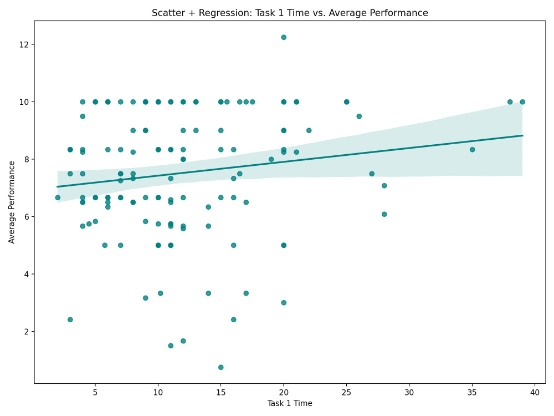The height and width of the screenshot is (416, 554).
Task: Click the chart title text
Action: pyautogui.click(x=290, y=13)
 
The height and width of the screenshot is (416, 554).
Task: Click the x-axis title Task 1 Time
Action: pyautogui.click(x=290, y=403)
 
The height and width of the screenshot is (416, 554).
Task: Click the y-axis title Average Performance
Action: pyautogui.click(x=12, y=202)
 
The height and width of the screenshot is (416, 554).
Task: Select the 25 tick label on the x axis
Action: pyautogui.click(x=346, y=392)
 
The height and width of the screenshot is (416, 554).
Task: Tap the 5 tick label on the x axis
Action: pyautogui.click(x=95, y=392)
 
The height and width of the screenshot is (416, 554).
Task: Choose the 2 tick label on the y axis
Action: pyautogui.click(x=24, y=332)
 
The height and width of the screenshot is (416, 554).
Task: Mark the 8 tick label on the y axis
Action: pyautogui.click(x=24, y=159)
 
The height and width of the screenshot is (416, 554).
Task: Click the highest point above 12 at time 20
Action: pyautogui.click(x=284, y=37)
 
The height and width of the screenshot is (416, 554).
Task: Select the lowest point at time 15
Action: pyautogui.click(x=220, y=367)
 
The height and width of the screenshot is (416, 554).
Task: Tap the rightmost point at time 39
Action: pyautogui.click(x=522, y=102)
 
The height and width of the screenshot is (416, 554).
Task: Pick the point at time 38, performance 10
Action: pyautogui.click(x=510, y=102)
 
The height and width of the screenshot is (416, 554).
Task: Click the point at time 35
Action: pyautogui.click(x=472, y=150)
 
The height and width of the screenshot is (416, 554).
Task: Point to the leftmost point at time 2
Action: pyautogui.click(x=58, y=197)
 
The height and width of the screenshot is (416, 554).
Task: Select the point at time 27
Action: pyautogui.click(x=372, y=174)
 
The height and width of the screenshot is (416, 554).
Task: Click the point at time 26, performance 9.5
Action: pyautogui.click(x=359, y=116)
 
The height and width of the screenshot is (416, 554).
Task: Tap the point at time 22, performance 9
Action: pyautogui.click(x=309, y=130)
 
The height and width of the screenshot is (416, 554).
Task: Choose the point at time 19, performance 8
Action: pyautogui.click(x=271, y=159)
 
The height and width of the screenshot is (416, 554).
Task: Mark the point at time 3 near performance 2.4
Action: pyautogui.click(x=70, y=319)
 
